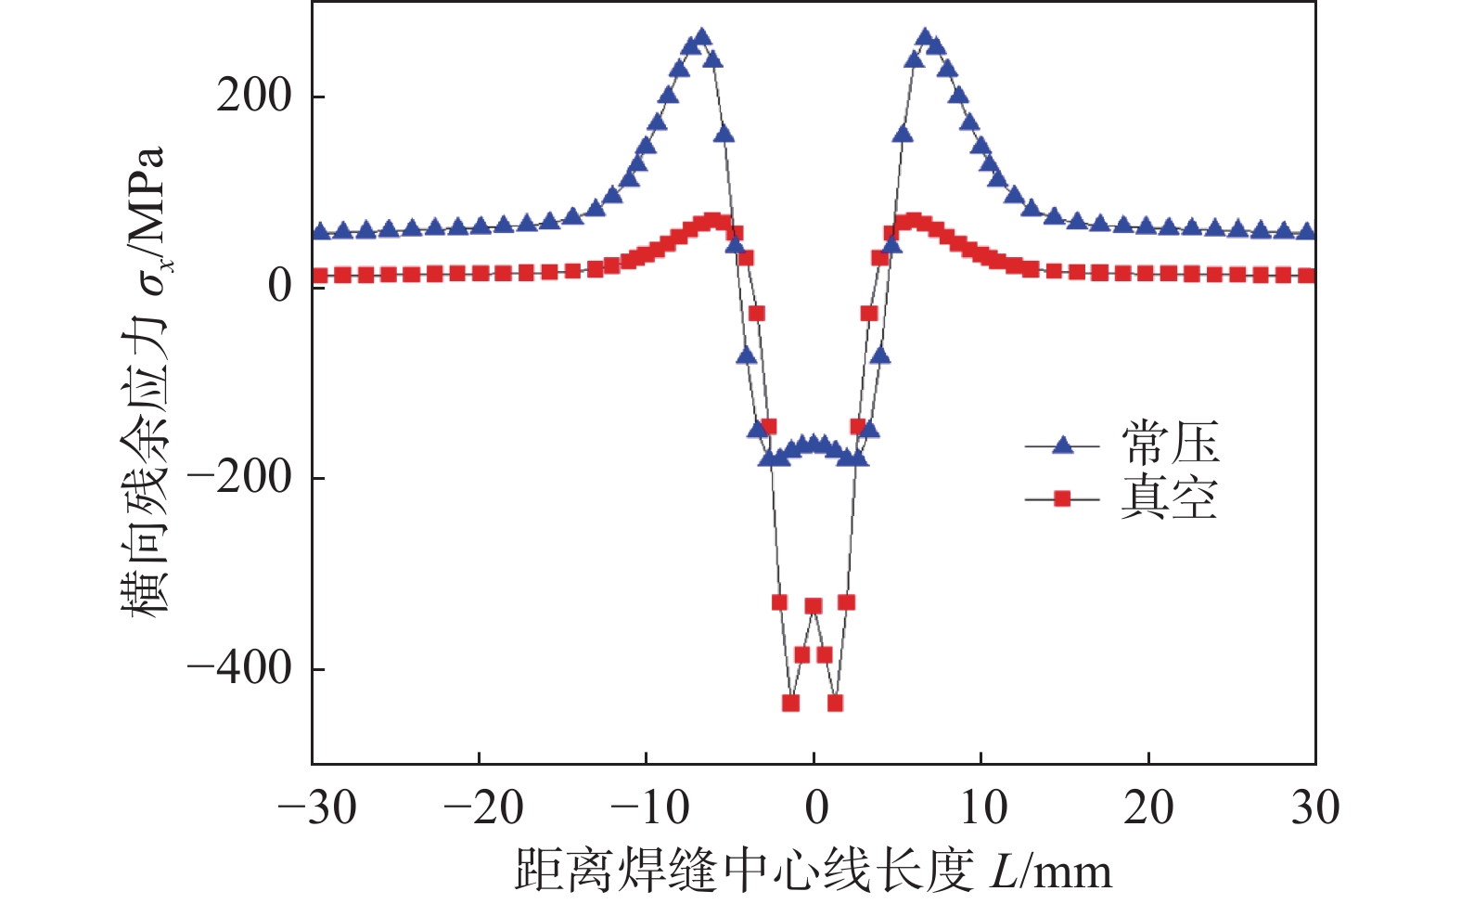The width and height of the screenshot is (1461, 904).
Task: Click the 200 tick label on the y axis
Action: [x=253, y=96]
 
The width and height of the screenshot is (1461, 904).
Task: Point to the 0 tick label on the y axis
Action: [x=279, y=287]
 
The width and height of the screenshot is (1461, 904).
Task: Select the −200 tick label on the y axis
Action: [x=239, y=478]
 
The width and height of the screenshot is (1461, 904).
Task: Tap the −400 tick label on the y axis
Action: [x=239, y=668]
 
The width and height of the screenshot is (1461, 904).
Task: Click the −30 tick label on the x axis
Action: [x=316, y=808]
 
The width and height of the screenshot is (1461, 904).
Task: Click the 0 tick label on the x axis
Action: [x=816, y=808]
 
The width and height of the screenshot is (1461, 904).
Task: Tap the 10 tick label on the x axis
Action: [x=983, y=808]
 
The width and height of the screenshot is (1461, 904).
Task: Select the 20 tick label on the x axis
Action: [x=1149, y=808]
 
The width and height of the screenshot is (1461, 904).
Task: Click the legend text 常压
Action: [x=1170, y=444]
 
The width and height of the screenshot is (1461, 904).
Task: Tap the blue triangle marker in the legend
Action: [x=1063, y=446]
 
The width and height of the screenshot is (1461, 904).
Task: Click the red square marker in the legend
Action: [x=1063, y=499]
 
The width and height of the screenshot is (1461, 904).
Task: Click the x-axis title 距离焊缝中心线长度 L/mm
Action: [x=813, y=872]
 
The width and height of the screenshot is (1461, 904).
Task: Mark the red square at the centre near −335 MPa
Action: [x=814, y=606]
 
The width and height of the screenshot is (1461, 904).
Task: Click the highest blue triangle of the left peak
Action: [x=701, y=37]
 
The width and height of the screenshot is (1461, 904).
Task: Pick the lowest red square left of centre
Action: [x=791, y=703]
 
